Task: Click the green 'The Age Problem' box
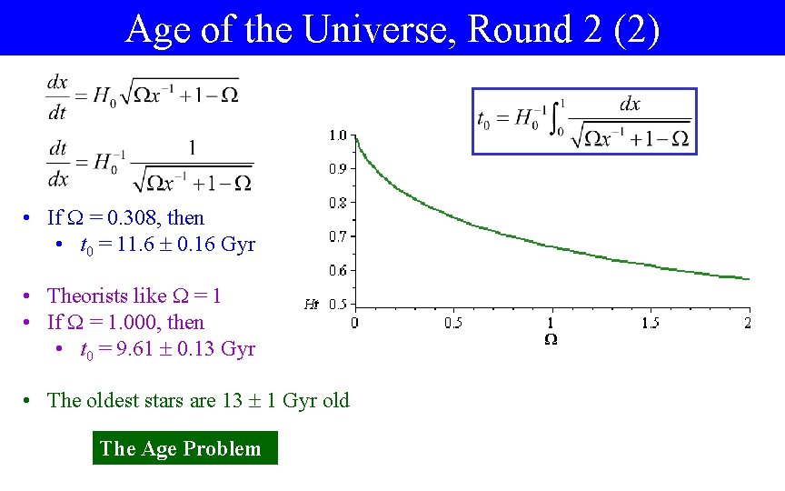coord(184,448)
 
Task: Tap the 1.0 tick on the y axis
coord(337,135)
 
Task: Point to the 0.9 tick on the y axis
coord(337,169)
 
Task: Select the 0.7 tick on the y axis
coord(337,236)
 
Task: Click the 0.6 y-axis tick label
coord(337,270)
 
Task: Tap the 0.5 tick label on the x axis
coord(452,323)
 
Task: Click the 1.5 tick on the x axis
coord(650,323)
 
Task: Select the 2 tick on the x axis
coord(748,323)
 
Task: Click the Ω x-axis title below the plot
coord(551,338)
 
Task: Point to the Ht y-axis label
coord(312,305)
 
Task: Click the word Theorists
coord(86,296)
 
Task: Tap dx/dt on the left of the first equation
coord(57,95)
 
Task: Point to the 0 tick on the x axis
coord(354,323)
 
